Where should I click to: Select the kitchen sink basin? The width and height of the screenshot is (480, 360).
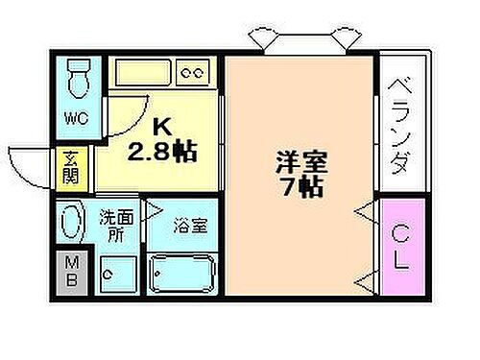[x=142, y=71]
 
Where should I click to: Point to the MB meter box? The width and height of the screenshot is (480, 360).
[x=72, y=270]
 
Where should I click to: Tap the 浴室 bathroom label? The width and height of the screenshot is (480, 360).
[x=186, y=228]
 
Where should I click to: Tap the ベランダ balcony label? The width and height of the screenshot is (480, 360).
[x=399, y=125]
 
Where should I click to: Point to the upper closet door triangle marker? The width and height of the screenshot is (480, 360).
[x=365, y=207]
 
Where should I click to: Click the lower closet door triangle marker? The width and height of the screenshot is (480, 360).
[x=365, y=281]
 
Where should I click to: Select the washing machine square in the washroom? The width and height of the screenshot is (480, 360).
[x=119, y=273]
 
